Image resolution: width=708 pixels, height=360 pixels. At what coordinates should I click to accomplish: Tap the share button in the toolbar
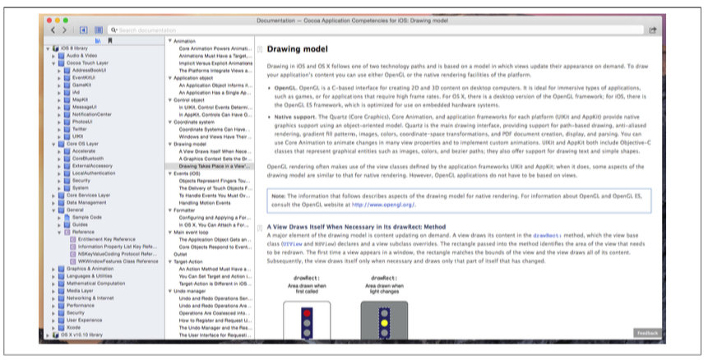(x=652, y=30)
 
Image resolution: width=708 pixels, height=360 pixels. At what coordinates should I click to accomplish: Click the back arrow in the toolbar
(x=53, y=30)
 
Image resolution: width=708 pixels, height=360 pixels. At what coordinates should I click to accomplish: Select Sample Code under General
(x=86, y=216)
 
